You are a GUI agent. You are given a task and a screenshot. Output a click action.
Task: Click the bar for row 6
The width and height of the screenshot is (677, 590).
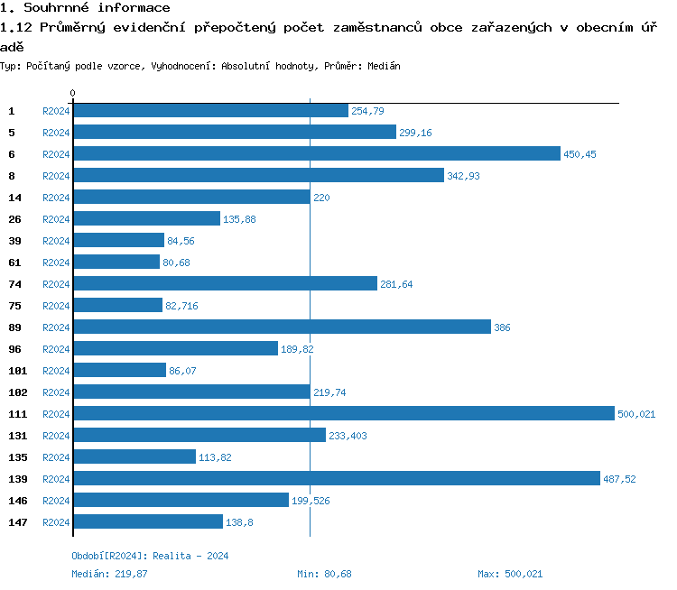[x=316, y=153]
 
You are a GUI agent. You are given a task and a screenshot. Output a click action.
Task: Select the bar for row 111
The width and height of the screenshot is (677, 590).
[x=343, y=413]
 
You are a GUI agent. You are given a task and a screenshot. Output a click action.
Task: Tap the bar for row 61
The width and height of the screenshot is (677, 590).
[x=116, y=262]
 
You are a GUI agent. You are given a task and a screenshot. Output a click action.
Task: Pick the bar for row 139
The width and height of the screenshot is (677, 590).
[x=336, y=478]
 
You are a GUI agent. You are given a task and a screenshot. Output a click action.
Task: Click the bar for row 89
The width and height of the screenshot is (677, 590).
[x=282, y=327]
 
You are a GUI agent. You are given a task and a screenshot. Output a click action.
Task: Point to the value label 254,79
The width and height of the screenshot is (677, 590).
[x=367, y=111]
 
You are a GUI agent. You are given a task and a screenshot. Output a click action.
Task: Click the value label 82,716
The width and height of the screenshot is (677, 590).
[x=181, y=306]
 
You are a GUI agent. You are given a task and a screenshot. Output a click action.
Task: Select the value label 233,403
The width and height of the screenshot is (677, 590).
[x=348, y=436]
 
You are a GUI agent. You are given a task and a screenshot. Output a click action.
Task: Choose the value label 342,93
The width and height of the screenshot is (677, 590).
[x=463, y=176]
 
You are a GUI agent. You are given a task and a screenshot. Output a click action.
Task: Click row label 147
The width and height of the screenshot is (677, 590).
[x=17, y=522]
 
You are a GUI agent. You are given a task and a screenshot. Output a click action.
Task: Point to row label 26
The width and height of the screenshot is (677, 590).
[x=14, y=219]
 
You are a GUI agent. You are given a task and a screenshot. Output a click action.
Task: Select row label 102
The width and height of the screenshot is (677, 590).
[x=17, y=392]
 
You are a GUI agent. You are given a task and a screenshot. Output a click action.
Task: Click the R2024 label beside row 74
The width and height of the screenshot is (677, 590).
[x=56, y=284]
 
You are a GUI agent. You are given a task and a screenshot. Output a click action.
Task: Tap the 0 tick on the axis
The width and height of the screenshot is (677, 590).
[x=72, y=93]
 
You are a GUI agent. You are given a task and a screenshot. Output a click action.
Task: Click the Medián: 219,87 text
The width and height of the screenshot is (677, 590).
[x=109, y=574]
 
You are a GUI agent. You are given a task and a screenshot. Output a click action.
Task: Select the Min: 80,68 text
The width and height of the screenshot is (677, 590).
[x=324, y=574]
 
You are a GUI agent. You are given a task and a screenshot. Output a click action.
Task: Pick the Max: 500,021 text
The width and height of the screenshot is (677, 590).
[x=510, y=574]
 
